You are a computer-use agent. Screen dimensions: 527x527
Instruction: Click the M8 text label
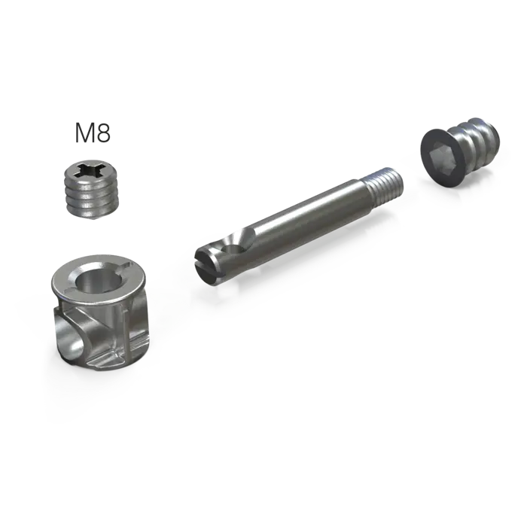[93, 133]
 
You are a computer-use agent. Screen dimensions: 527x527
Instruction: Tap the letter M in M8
[84, 133]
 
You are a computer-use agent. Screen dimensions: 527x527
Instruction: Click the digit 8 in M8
[104, 133]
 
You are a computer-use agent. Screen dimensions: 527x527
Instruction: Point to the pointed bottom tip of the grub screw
[92, 217]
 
